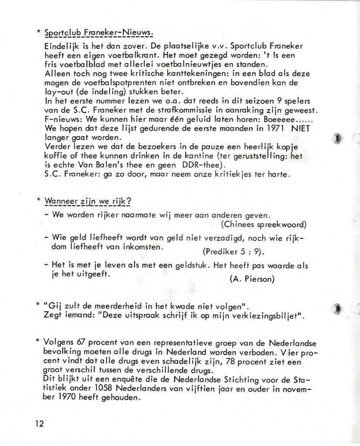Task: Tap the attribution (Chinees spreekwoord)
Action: click(264, 224)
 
